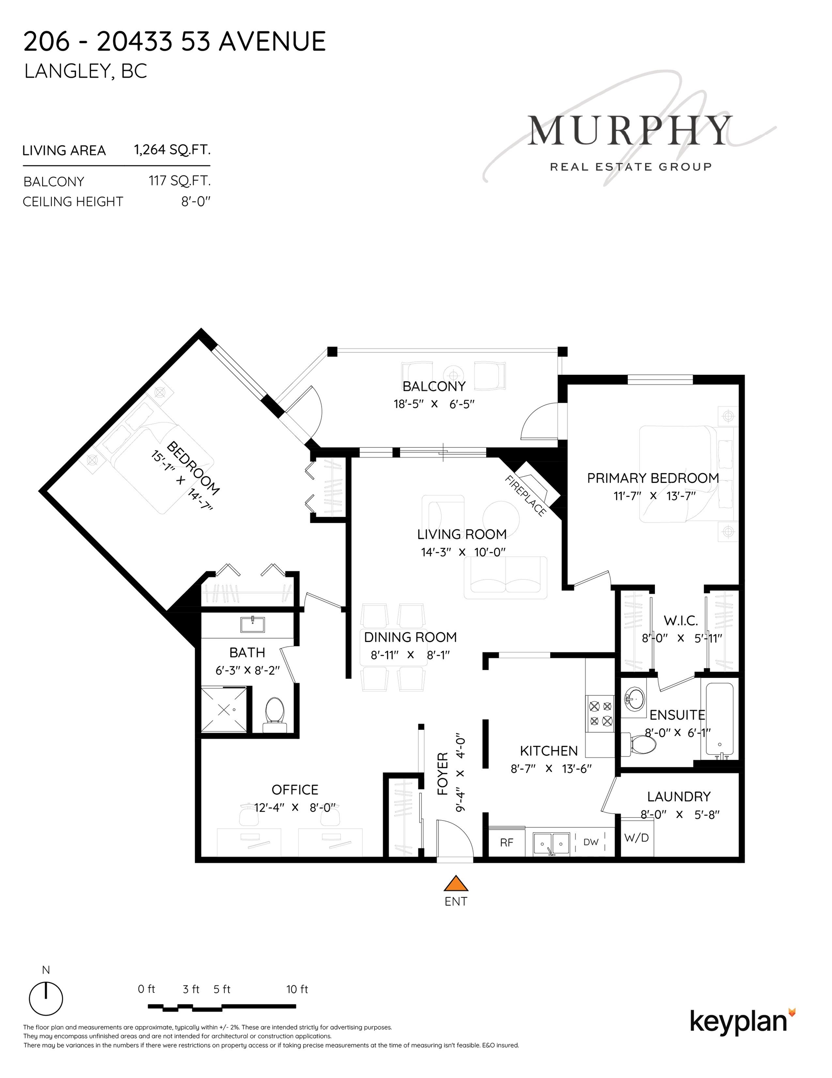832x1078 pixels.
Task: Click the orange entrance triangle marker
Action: coord(456,883)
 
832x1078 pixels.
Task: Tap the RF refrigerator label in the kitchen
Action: coord(507,843)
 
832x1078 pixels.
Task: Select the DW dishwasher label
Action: coord(591,842)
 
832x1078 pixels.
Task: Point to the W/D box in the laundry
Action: coord(637,838)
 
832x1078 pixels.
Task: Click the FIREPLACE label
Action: coord(526,495)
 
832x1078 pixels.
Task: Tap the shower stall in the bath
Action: coord(224,710)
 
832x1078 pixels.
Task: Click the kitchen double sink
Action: coord(552,843)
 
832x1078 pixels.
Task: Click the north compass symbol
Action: coord(46,998)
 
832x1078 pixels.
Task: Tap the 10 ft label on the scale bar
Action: coord(297,989)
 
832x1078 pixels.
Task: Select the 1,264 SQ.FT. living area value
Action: coord(172,150)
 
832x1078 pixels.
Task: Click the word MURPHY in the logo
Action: coord(630,131)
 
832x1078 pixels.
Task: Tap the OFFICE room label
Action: coord(295,790)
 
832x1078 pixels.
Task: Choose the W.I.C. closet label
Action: coord(681,620)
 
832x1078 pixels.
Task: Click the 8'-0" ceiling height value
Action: coord(196,201)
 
